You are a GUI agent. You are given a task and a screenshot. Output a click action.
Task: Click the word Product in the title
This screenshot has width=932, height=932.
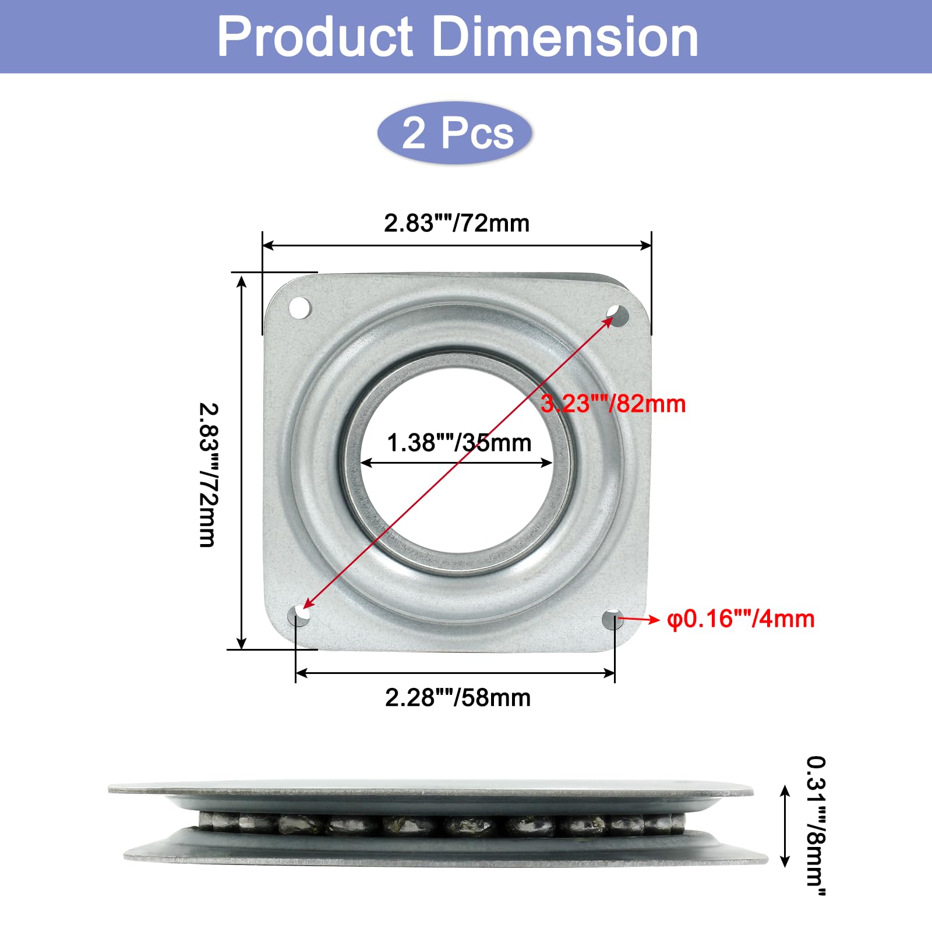coord(315,37)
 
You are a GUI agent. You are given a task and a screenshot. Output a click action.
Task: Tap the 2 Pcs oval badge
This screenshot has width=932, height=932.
coord(455,133)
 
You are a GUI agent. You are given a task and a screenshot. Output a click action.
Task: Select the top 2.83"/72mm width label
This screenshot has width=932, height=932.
coord(457,223)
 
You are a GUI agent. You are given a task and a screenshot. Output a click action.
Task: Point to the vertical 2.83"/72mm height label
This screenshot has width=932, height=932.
coord(209,475)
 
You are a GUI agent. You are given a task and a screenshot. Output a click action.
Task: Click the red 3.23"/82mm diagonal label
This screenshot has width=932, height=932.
coord(613,404)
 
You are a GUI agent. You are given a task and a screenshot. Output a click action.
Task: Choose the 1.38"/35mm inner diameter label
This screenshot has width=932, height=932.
coord(460,443)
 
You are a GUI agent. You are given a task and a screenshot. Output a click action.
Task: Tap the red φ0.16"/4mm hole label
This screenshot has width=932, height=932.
coord(741,619)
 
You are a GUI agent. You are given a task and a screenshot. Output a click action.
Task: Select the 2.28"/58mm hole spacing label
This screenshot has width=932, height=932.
coord(458,697)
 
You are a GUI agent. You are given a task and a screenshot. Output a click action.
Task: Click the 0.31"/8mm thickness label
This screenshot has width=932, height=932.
coord(816,826)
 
